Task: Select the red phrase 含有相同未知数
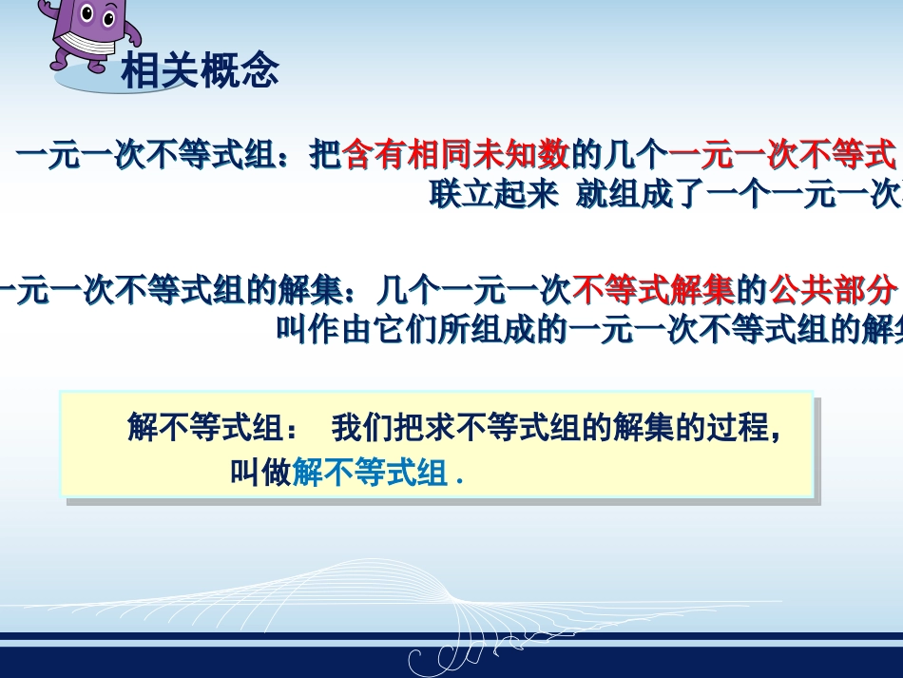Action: tap(455, 154)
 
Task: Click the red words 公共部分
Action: tap(833, 288)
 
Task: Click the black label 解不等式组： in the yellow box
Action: tap(213, 429)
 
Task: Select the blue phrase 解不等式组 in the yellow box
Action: tap(370, 473)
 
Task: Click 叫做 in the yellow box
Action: tap(260, 473)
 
